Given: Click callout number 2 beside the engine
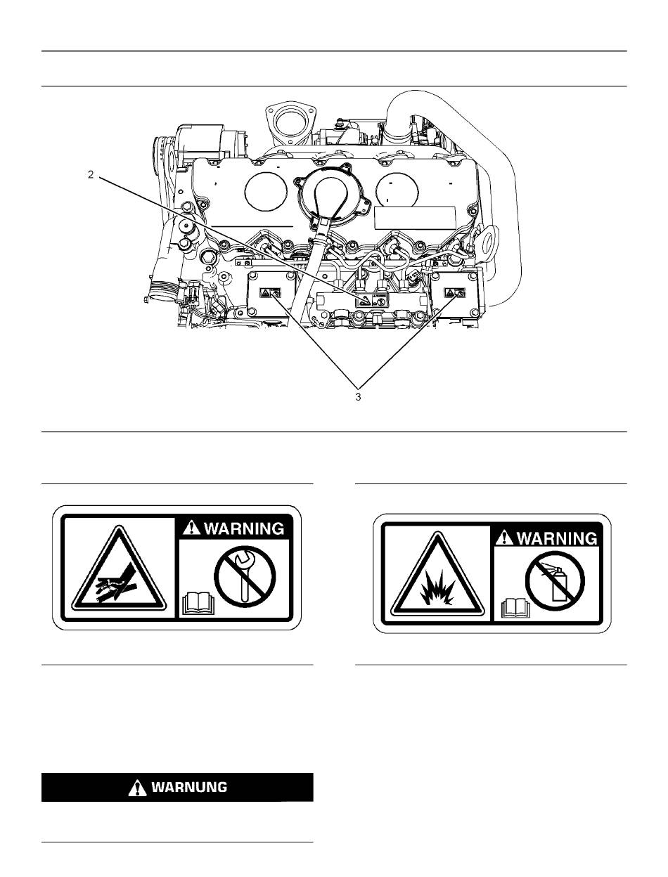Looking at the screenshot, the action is pos(91,175).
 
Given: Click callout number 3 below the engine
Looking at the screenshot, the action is pos(358,397).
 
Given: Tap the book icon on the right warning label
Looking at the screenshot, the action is pos(513,607).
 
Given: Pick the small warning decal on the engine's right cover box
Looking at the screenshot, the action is pos(451,293).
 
